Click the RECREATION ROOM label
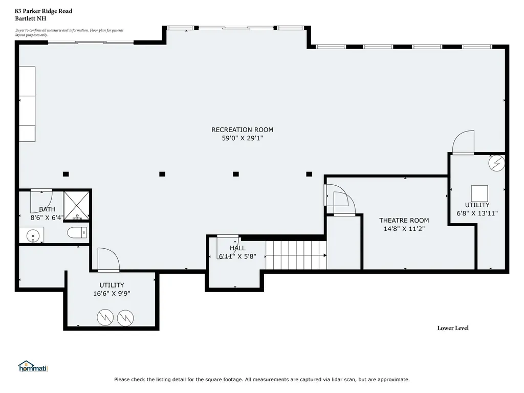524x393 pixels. (x=242, y=129)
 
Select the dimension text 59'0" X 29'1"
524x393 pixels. (x=242, y=138)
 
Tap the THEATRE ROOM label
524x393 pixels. (x=404, y=221)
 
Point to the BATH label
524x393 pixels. (x=47, y=209)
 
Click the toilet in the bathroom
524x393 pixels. (x=77, y=233)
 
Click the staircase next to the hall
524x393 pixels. (x=296, y=255)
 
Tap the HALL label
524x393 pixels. (x=237, y=248)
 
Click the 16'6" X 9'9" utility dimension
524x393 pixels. (x=112, y=294)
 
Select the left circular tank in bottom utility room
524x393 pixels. (x=105, y=318)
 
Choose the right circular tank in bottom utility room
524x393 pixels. (x=125, y=318)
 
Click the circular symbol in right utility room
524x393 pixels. (x=496, y=163)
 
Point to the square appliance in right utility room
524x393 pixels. (x=479, y=193)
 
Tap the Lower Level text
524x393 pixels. (x=452, y=328)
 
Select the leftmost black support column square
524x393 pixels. (x=66, y=174)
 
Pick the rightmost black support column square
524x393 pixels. (x=309, y=174)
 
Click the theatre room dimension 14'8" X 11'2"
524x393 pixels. (x=404, y=229)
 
